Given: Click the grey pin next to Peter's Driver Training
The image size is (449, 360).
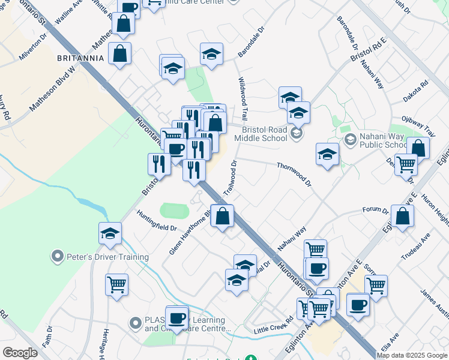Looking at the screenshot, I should [x=58, y=257].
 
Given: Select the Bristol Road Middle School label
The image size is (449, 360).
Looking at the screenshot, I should [x=265, y=133].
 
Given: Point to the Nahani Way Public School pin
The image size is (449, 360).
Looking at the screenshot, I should [x=351, y=140].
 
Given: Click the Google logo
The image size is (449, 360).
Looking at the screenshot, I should [x=20, y=353].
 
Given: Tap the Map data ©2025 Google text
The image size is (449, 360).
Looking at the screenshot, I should [x=412, y=355].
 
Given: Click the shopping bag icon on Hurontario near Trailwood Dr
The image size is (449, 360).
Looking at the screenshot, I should [x=222, y=217].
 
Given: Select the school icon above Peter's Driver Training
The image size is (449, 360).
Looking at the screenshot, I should [x=110, y=234].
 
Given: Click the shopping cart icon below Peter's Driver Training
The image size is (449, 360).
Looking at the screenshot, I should [x=116, y=285].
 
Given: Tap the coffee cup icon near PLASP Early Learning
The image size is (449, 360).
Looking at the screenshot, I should [x=177, y=317].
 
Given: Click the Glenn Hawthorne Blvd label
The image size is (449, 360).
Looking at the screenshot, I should [x=190, y=233].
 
